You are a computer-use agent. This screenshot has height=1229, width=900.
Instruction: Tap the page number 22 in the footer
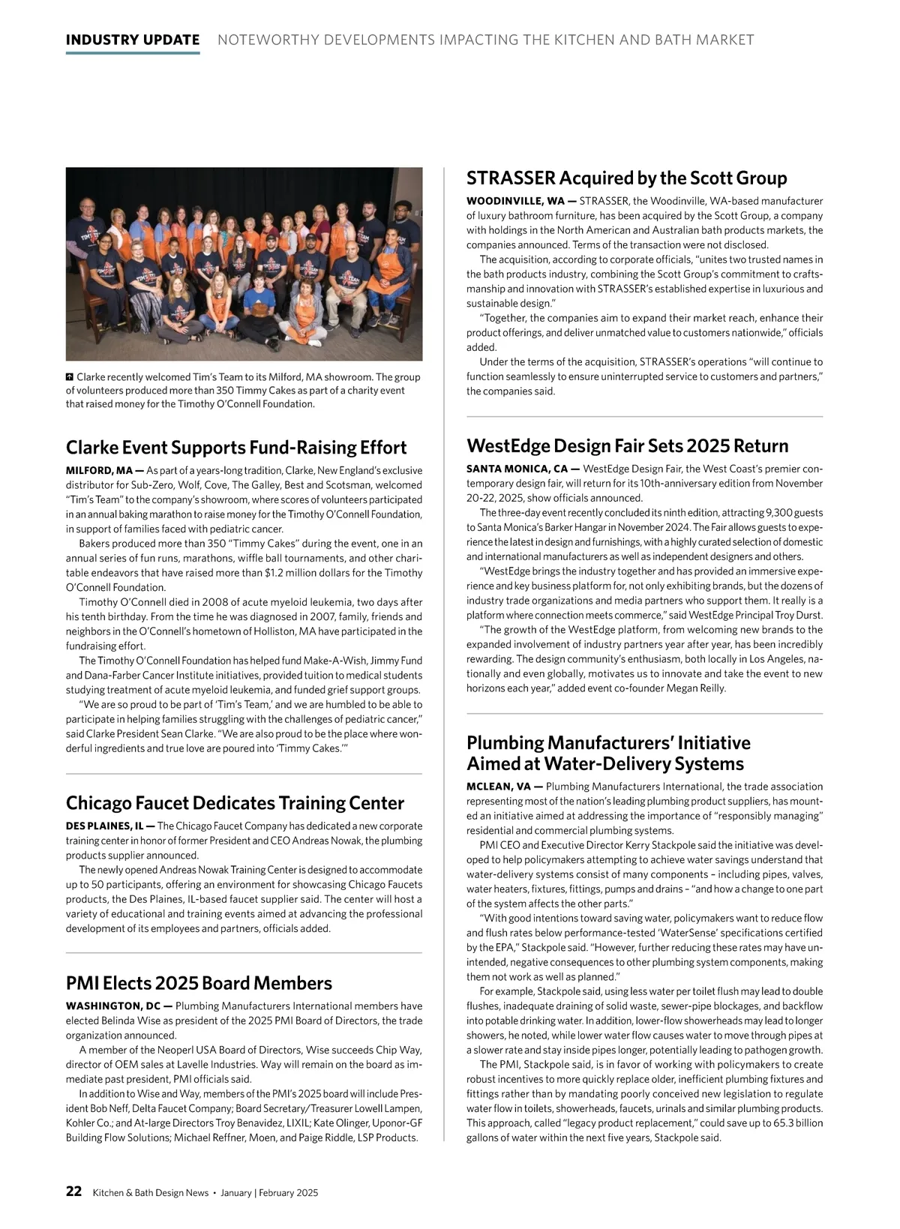click(x=73, y=1192)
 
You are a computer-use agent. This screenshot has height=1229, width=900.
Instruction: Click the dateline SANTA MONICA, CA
click(x=517, y=469)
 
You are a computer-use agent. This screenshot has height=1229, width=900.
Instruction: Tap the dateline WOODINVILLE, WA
click(x=516, y=201)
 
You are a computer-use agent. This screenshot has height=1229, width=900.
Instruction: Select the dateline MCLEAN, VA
click(x=499, y=787)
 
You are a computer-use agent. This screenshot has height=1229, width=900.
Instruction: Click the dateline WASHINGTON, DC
click(x=113, y=1006)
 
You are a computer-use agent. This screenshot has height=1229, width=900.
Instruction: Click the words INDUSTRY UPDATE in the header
click(x=133, y=40)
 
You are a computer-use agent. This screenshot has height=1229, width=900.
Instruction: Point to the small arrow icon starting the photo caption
click(x=70, y=376)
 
